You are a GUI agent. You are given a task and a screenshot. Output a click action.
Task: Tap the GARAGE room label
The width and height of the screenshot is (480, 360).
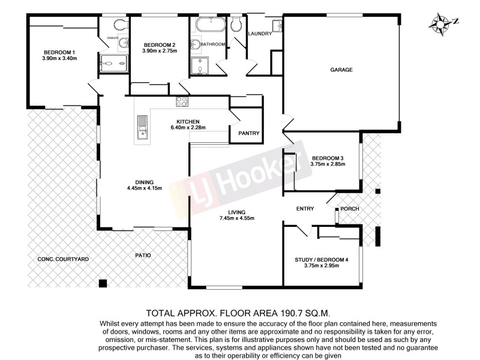[341, 70]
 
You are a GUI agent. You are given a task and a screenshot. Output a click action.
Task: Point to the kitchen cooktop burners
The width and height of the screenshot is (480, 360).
[182, 102]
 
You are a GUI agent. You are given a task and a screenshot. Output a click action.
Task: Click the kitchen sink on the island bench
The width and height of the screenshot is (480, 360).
[142, 127]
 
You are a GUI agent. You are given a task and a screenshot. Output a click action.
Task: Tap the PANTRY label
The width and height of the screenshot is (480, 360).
[248, 133]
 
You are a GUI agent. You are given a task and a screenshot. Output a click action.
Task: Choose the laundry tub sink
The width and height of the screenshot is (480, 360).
[277, 26]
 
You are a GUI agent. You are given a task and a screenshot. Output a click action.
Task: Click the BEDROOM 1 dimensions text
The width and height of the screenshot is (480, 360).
[60, 58]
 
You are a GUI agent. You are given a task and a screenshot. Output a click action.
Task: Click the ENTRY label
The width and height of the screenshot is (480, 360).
[305, 209]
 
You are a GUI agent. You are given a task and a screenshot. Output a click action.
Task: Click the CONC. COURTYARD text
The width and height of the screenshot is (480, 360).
[63, 259]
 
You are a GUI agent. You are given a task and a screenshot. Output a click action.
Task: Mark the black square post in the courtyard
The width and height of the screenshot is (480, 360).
[103, 283]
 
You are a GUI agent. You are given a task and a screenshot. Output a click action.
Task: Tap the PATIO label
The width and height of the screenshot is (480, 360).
[142, 255]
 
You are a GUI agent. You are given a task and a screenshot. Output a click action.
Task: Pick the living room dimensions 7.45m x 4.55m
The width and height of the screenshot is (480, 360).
[236, 218]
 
